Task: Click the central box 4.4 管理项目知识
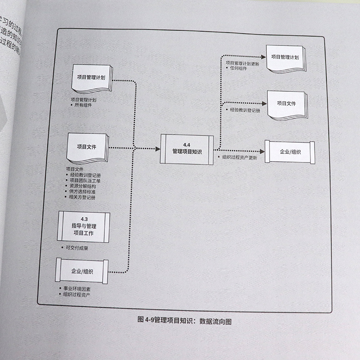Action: (187, 148)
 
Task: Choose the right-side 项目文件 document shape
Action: (286, 104)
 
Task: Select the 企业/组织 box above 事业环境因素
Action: (82, 271)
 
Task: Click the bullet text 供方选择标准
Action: (82, 191)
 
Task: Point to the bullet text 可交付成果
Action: (76, 248)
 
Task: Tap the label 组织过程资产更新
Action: (240, 157)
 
